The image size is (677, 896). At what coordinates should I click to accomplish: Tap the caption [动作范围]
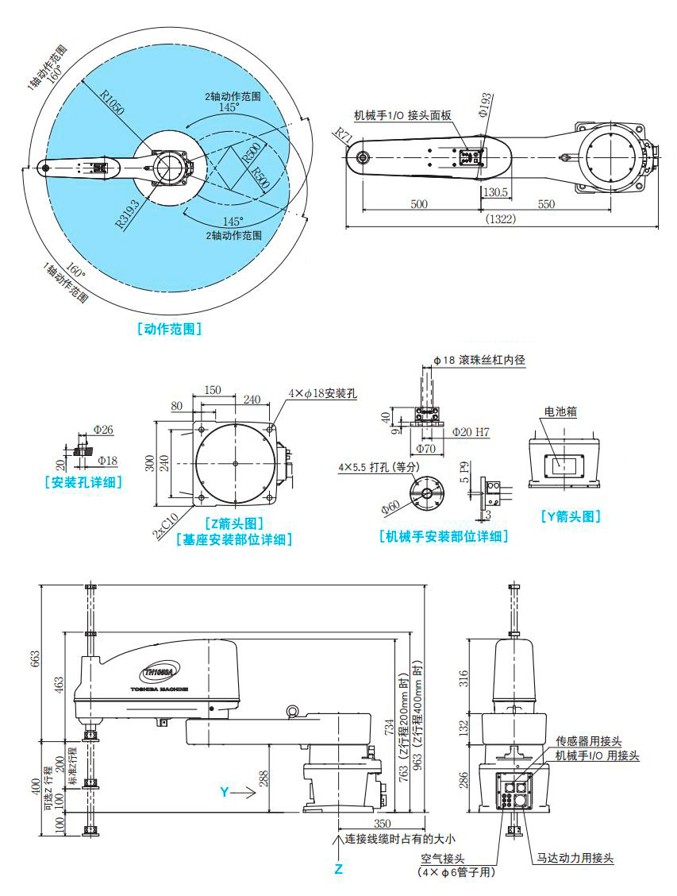coord(168,328)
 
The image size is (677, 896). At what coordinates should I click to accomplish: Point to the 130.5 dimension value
coord(494,193)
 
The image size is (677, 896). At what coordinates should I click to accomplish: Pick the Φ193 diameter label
coord(485,105)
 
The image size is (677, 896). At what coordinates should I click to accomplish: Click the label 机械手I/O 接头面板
coord(402,115)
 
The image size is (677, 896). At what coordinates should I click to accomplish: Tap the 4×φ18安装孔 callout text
coord(324,393)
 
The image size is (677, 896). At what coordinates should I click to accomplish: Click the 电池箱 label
coord(560,412)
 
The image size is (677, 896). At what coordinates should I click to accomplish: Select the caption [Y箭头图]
coord(571,516)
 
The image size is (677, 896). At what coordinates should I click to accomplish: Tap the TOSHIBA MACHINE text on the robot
coord(159,690)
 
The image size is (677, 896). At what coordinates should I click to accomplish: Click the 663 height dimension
coord(35,659)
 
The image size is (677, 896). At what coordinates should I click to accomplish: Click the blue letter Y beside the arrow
coord(224,792)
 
